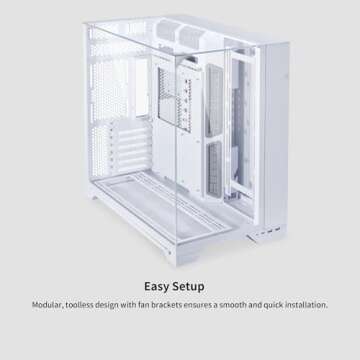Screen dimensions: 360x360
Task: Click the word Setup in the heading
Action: tap(196, 285)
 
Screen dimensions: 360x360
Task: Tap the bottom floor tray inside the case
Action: tap(170, 215)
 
